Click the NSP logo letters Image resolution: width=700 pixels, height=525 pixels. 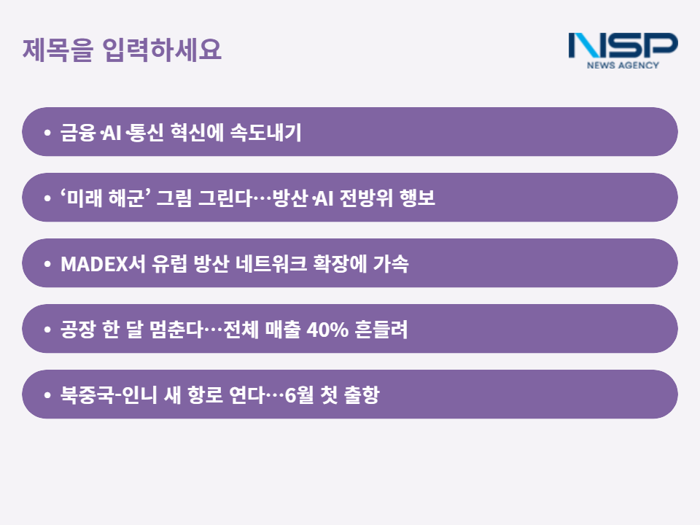point(623,45)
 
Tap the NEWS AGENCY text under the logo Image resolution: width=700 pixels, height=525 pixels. point(623,65)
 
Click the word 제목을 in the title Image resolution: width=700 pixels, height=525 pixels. point(58,49)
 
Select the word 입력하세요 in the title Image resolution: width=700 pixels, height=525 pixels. point(162,49)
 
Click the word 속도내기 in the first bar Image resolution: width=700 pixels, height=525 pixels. point(266,132)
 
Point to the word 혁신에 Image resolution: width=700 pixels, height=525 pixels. point(198,132)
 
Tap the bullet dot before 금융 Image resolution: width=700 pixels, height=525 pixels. point(47,133)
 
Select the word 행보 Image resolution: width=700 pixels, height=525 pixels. point(417,198)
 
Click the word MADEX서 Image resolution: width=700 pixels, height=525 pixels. point(103,263)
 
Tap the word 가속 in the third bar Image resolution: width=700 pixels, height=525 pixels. point(391,263)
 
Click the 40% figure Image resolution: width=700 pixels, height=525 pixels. point(327,330)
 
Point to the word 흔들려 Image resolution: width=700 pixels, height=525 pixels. point(381,330)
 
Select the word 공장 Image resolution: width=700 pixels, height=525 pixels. point(78,330)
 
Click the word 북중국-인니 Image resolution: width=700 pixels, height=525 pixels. point(109,395)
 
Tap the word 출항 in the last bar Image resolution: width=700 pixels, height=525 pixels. point(362,395)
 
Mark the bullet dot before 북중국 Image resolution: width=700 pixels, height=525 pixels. point(47,395)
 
